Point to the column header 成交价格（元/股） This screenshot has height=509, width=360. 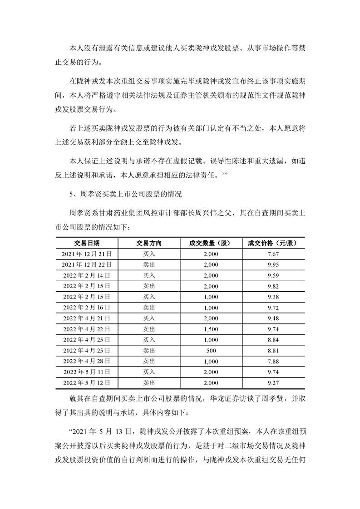click(x=273, y=243)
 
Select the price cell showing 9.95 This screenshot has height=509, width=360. click(x=273, y=264)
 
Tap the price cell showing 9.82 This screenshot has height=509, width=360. click(x=273, y=286)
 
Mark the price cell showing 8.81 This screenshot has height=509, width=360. click(x=273, y=351)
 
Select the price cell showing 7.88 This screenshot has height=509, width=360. click(x=273, y=362)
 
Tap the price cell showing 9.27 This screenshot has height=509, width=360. click(x=273, y=383)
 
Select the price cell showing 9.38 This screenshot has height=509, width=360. click(x=273, y=297)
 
